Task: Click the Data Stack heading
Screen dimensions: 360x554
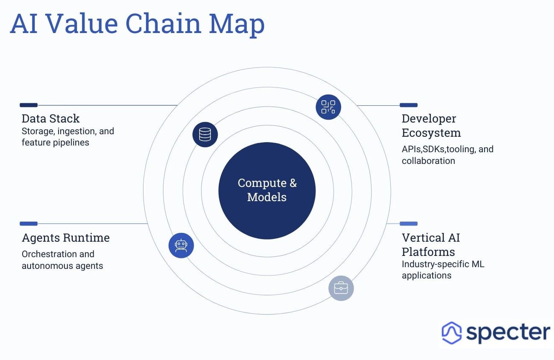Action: [x=51, y=119]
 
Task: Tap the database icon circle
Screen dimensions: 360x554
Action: [x=205, y=135]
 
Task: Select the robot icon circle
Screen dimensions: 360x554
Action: [x=181, y=245]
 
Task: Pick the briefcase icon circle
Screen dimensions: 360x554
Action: [x=341, y=288]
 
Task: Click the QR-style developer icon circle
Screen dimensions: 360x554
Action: [x=328, y=107]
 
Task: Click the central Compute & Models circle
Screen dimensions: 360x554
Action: [x=267, y=190]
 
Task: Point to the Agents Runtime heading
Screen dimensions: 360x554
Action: [x=66, y=238]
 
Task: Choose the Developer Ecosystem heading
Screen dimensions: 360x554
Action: [x=431, y=126]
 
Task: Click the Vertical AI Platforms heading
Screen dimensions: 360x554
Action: [x=431, y=245]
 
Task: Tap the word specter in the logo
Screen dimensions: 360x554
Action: [x=508, y=333]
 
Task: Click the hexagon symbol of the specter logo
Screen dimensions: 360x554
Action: [x=451, y=333]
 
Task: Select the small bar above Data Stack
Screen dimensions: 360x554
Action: [x=28, y=105]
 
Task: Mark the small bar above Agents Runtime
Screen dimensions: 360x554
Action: [x=28, y=224]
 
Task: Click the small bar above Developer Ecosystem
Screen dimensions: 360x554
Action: [x=408, y=105]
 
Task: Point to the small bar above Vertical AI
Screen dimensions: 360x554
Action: [x=408, y=224]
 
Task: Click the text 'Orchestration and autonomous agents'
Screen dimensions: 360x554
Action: [x=62, y=260]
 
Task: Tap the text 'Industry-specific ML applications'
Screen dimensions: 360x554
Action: [x=443, y=270]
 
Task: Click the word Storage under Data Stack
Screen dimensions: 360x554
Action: [x=38, y=131]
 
